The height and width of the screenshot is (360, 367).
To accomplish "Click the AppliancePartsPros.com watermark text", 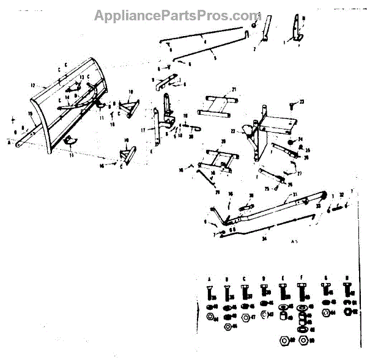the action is pos(177,15).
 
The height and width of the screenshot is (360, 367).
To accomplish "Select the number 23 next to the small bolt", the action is pos(302,101).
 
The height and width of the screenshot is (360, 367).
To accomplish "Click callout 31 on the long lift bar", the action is pos(295,194).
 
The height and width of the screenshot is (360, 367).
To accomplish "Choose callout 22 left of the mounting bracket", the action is pos(232,131).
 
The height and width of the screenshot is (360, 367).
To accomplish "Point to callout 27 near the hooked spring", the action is pos(300,173).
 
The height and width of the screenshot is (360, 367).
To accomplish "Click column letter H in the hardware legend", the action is pos(347,277).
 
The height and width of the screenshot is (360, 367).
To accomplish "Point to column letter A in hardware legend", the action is pos(210,277).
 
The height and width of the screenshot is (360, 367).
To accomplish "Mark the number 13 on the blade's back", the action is pos(81,76).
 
